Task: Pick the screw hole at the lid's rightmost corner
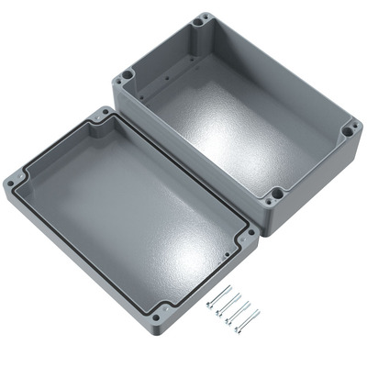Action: (248, 235)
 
